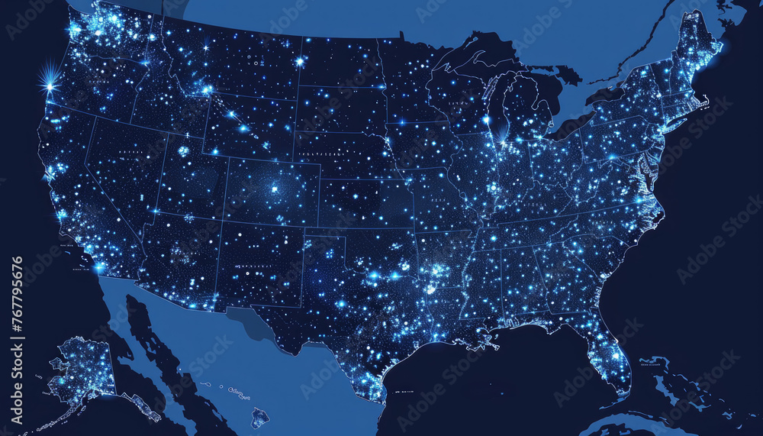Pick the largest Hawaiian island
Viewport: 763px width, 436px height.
click(x=260, y=417)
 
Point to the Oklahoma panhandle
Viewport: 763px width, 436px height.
click(x=324, y=232)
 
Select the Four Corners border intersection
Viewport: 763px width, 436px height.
click(x=222, y=221)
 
